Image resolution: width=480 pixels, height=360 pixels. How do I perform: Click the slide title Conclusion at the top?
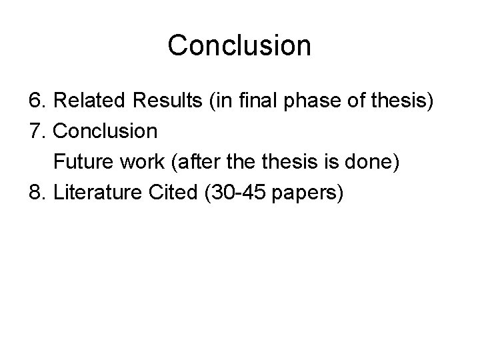pos(239,45)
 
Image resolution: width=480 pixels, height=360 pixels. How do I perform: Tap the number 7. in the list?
pos(38,132)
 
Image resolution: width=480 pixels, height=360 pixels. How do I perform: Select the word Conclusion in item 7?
pos(105,132)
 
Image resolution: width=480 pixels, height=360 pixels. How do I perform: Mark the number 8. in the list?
pos(38,193)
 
